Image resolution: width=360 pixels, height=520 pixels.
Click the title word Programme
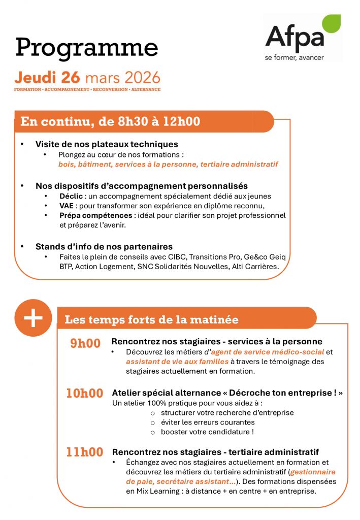click(x=86, y=47)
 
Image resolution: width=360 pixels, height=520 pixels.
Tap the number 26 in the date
click(x=71, y=78)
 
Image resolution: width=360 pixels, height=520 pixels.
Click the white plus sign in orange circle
click(x=33, y=318)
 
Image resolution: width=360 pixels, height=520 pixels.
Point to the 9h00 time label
click(x=85, y=343)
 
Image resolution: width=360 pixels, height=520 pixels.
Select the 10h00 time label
click(x=85, y=393)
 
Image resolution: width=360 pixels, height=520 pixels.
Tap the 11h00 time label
click(x=85, y=452)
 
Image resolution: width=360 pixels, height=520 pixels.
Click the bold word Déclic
click(x=69, y=196)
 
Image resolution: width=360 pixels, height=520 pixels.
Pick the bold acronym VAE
click(x=67, y=205)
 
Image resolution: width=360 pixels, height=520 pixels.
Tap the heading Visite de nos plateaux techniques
click(x=107, y=144)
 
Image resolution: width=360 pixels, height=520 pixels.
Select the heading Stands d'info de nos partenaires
click(x=104, y=247)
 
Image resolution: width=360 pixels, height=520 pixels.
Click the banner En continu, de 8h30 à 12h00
click(x=110, y=122)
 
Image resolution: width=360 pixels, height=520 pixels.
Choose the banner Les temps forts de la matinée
click(x=151, y=320)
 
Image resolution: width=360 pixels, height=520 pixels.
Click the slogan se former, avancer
click(x=294, y=57)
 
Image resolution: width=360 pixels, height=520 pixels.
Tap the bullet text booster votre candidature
click(x=207, y=432)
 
